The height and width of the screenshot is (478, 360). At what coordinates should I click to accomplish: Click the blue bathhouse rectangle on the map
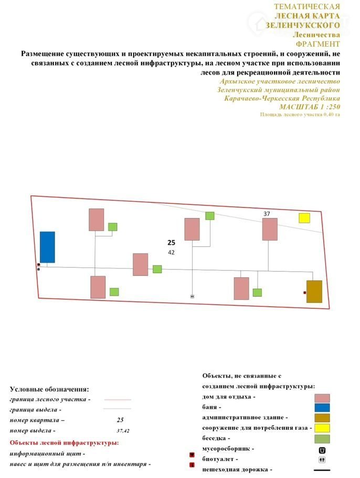pos(47,247)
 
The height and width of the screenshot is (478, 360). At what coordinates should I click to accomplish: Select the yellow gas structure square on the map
pos(304,218)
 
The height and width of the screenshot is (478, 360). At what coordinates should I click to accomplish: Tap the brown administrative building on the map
pos(314,292)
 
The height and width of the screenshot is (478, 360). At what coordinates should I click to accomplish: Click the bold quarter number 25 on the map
pos(171,243)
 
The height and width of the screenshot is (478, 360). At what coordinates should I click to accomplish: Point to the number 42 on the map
pos(171,253)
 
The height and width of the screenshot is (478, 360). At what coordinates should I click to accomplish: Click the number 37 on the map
pos(267,214)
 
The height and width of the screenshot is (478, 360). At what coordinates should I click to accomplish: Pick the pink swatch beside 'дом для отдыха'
pos(322,398)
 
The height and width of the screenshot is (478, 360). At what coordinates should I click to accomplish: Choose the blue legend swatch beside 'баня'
pos(322,407)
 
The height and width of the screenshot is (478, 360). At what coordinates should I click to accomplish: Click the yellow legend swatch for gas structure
pos(322,428)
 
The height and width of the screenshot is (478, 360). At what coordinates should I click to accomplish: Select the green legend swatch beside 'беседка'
pos(322,439)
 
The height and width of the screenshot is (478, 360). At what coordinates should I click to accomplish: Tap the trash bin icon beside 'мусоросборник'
pos(322,450)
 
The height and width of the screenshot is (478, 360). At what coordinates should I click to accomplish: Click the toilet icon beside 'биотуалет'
pos(322,460)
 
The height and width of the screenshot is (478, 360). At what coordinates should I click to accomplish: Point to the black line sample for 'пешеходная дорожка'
pos(322,470)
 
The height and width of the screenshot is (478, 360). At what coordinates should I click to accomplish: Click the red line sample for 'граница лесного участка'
pos(118,400)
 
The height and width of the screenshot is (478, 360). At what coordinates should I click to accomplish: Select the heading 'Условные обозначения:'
pos(49,389)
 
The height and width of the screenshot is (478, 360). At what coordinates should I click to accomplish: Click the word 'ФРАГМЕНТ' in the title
pos(318,44)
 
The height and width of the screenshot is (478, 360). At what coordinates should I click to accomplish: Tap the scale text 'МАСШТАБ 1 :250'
pos(310,107)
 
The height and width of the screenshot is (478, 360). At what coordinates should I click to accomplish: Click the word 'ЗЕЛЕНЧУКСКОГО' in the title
pos(303,25)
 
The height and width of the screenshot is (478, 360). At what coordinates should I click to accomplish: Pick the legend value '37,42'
pos(123,431)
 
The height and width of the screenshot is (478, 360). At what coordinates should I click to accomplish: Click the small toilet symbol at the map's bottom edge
pos(193,296)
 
